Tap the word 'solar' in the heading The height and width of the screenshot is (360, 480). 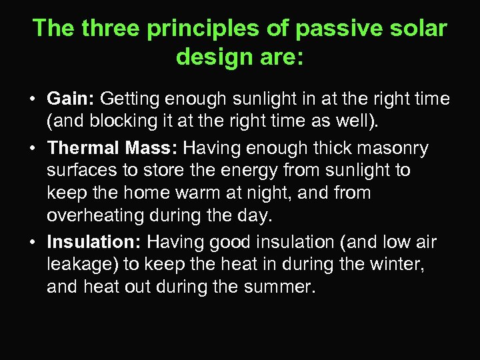point(418,29)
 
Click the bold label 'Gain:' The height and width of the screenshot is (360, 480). point(71,99)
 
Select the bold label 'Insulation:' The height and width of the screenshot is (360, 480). point(94,241)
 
